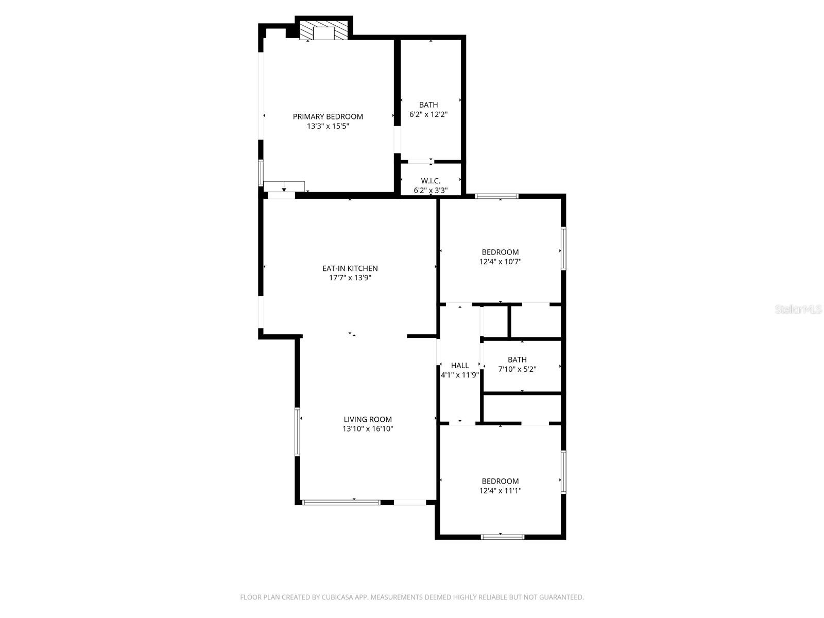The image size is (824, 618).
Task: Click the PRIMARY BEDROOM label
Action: point(328,116)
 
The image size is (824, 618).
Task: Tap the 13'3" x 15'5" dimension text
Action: point(328,126)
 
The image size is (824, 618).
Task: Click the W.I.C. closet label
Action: point(431,181)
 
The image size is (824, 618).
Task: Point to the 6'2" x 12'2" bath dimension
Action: point(428,114)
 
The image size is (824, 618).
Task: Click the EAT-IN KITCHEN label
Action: point(350,268)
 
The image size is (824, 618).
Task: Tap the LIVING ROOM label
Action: point(368,419)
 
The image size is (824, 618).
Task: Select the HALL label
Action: point(460,366)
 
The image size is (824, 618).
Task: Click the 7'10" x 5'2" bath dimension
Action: point(517,369)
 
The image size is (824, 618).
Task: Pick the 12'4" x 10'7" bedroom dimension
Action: point(500,261)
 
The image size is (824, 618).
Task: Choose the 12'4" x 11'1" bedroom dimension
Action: point(500,491)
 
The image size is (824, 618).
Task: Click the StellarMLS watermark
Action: point(798,310)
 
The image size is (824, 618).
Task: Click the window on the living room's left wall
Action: point(297,432)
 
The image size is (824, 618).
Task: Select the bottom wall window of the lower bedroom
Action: point(502,537)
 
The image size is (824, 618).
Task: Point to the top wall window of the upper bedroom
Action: point(496,196)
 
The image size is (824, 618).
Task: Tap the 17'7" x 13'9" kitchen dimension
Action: point(350,278)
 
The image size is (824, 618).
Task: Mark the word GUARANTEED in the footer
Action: point(563,597)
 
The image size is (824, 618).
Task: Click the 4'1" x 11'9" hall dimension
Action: point(460,375)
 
